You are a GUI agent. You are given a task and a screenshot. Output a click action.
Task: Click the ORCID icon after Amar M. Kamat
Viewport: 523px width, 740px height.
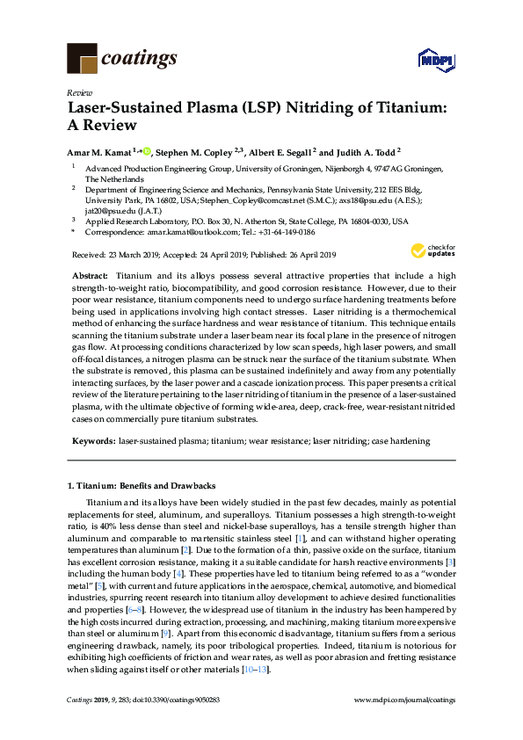coord(146,150)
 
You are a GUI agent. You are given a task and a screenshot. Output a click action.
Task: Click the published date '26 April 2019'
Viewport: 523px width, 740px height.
coord(304,255)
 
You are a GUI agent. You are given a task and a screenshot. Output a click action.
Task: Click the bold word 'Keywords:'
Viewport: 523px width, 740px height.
coord(91,440)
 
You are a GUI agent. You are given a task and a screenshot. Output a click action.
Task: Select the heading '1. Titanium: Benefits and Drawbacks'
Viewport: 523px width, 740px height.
coord(142,485)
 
